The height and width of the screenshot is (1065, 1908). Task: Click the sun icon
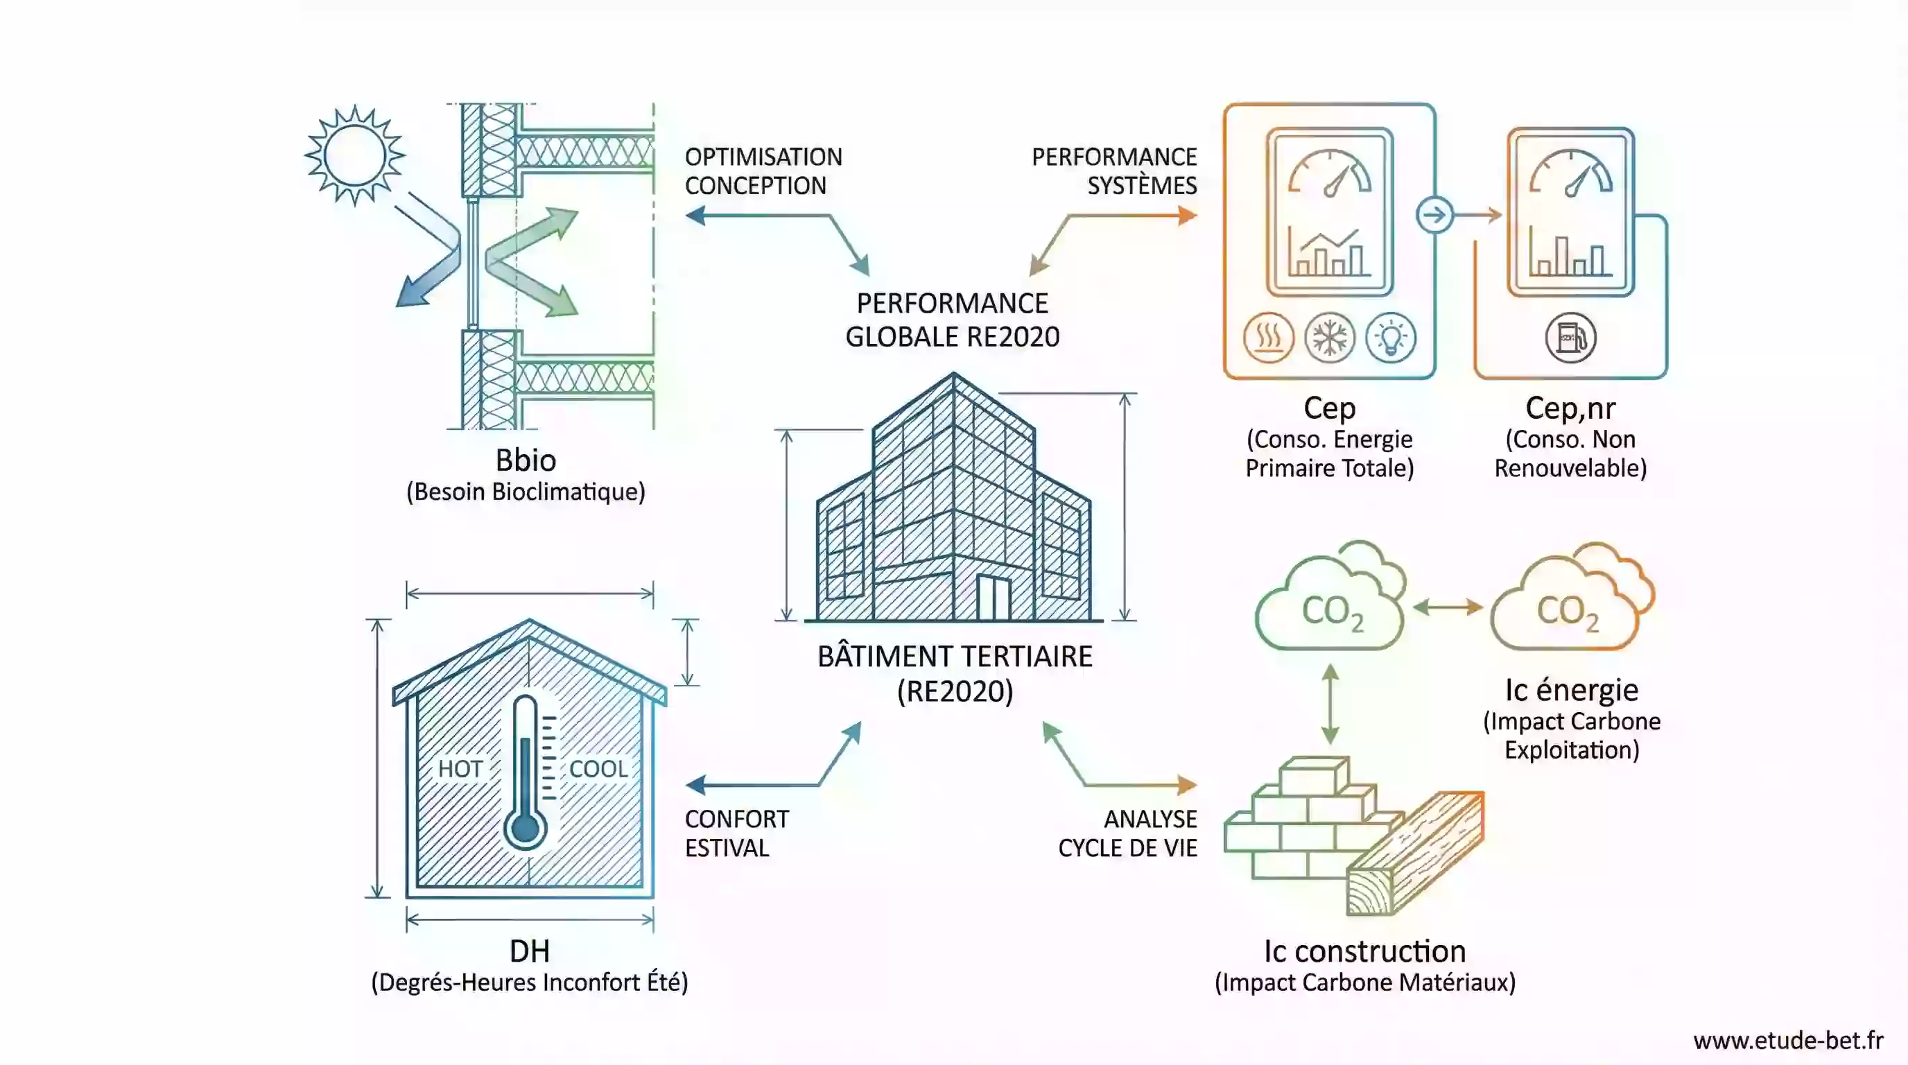355,155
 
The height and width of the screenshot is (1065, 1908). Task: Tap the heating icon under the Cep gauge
1268,338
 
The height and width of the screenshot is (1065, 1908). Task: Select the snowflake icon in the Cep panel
1330,338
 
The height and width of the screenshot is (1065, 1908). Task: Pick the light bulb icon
1391,338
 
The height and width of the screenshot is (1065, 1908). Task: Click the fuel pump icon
1570,338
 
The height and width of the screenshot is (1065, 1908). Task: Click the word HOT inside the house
460,769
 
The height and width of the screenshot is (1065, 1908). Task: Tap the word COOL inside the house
598,769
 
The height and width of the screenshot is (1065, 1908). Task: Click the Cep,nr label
1570,408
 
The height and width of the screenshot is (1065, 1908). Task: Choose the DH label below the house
530,951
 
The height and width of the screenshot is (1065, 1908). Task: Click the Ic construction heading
1364,951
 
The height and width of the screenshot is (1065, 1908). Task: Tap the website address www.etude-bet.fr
1788,1041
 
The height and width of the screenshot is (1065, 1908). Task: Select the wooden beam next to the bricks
1414,851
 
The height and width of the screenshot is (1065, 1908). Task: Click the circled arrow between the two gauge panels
1434,216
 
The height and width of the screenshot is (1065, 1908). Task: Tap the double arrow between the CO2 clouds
1448,607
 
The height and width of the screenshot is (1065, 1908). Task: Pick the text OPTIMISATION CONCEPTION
763,171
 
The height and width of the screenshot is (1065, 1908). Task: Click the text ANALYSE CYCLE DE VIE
1127,833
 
